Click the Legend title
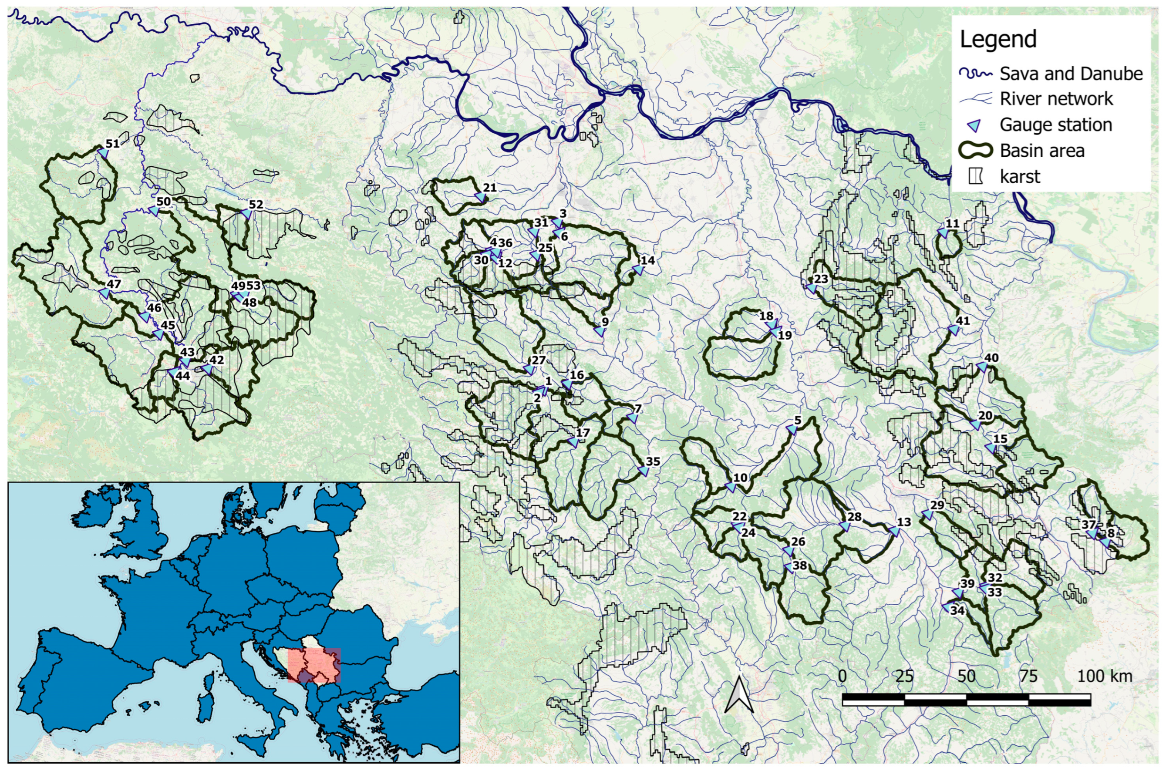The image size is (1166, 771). click(998, 39)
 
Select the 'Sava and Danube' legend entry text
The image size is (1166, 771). click(1071, 74)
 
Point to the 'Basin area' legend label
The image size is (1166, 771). click(1041, 151)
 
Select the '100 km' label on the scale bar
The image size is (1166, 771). click(1104, 676)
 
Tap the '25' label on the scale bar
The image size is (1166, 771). click(904, 676)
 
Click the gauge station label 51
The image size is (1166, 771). click(113, 144)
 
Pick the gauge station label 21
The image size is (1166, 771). click(489, 188)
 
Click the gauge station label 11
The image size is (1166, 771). click(952, 224)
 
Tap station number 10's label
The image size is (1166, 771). click(740, 478)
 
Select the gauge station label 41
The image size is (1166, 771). click(962, 320)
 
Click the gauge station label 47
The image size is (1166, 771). click(114, 284)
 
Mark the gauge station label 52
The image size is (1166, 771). click(256, 205)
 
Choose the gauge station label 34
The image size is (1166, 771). click(957, 611)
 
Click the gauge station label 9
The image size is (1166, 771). click(605, 322)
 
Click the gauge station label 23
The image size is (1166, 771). click(821, 279)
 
